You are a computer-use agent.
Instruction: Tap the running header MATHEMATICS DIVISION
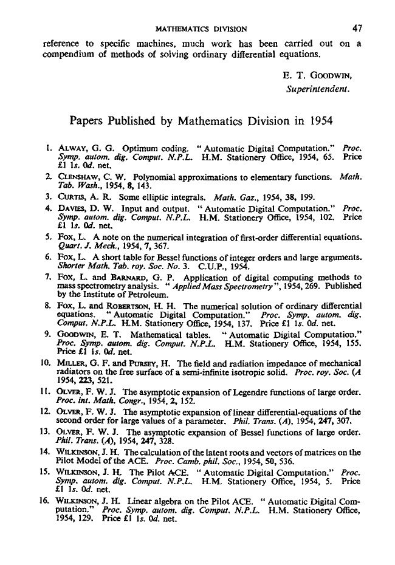point(201,28)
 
